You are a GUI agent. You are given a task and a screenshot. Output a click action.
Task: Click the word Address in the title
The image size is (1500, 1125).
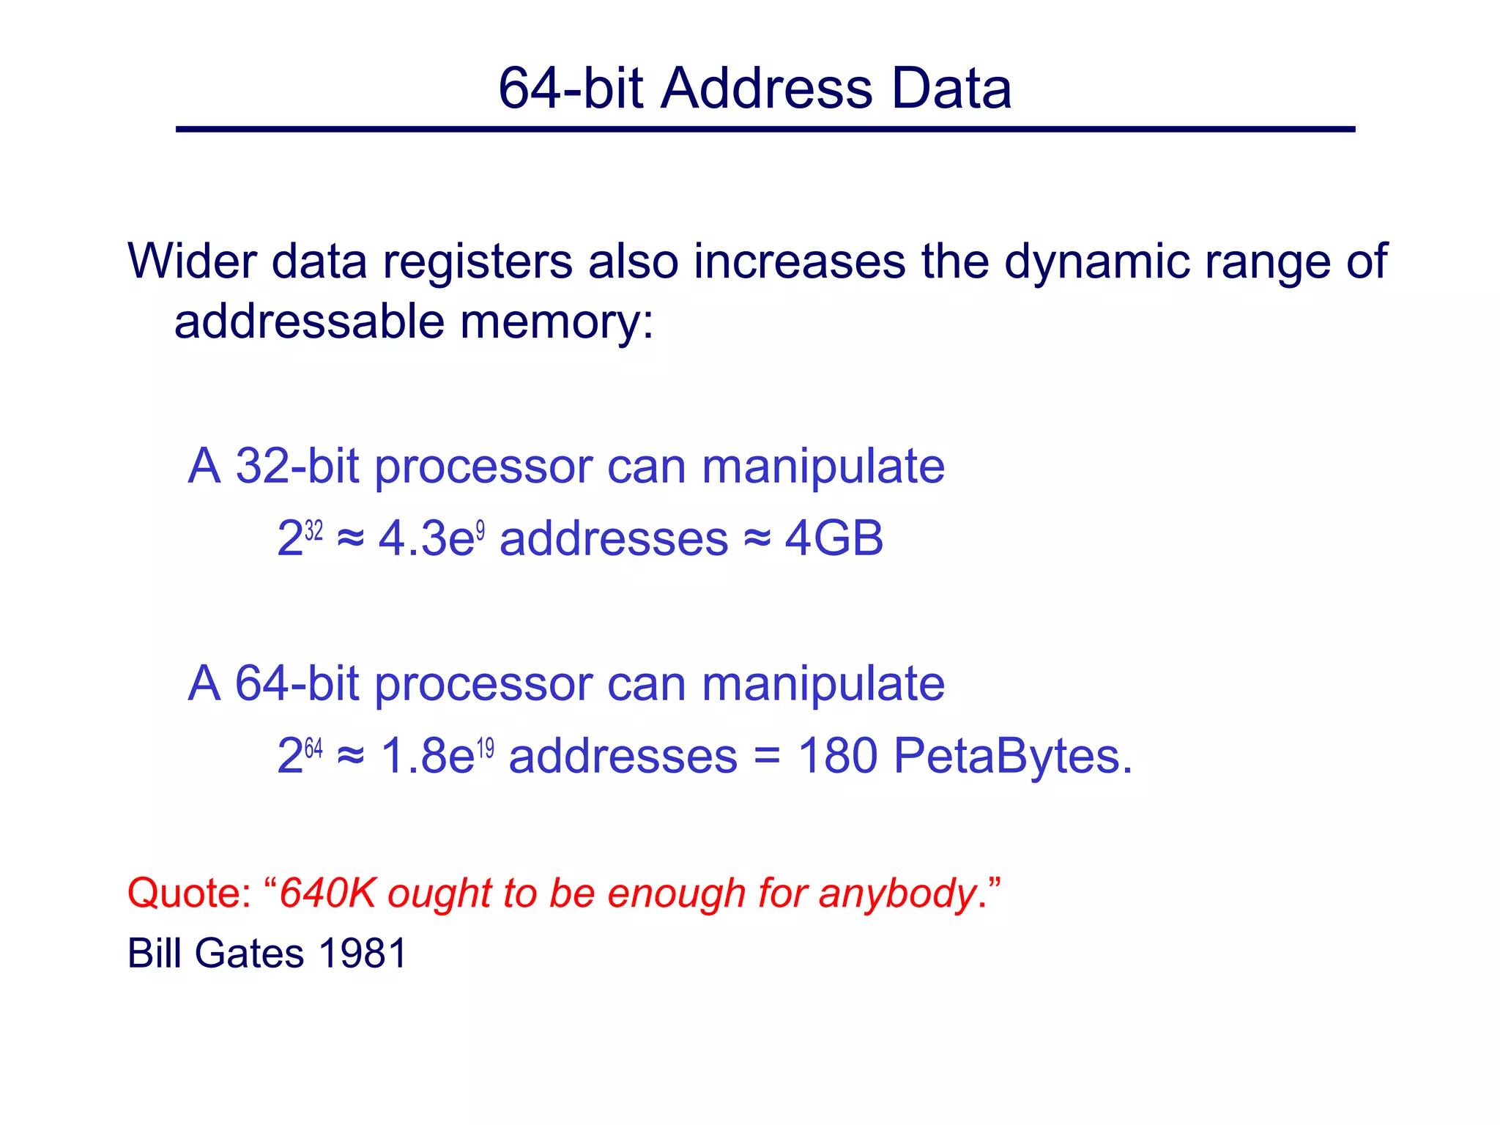click(x=766, y=89)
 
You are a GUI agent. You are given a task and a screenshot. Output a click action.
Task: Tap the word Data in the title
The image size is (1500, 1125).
click(x=951, y=89)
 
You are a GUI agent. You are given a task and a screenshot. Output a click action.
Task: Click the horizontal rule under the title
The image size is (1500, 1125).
click(x=765, y=130)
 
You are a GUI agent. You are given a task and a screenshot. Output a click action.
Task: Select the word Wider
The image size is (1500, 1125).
click(x=193, y=261)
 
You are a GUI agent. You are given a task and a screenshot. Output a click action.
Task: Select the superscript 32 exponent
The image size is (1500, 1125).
click(x=313, y=530)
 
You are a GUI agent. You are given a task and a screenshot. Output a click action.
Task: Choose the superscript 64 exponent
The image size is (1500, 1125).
click(x=313, y=748)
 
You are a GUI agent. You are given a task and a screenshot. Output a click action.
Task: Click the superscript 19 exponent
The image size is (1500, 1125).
click(x=486, y=748)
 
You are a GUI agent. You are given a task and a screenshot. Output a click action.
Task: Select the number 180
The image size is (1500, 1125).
click(x=837, y=756)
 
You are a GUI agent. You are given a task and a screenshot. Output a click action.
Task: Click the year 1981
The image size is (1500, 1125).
click(x=363, y=954)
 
